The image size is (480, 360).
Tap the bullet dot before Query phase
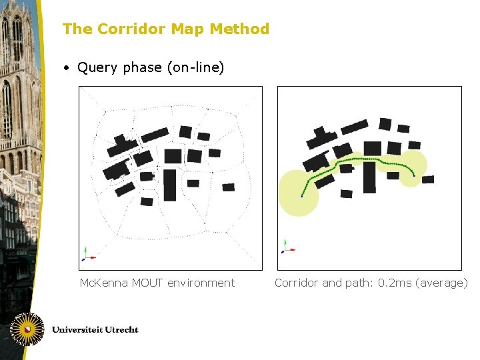[67, 68]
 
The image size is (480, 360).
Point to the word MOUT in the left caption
[147, 283]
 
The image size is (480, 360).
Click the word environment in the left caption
[201, 283]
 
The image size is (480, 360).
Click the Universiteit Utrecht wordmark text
[95, 329]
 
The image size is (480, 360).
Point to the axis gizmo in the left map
[87, 255]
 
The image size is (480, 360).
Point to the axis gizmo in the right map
[286, 248]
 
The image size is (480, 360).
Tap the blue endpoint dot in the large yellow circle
[301, 196]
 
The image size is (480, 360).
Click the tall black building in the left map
[170, 185]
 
